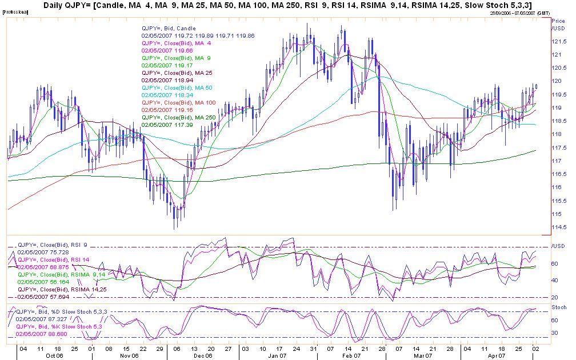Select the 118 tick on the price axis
tap(554, 134)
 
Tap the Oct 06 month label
tap(54, 355)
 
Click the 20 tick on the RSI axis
tap(554, 298)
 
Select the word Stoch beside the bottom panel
tap(558, 307)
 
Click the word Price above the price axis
tap(558, 21)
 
